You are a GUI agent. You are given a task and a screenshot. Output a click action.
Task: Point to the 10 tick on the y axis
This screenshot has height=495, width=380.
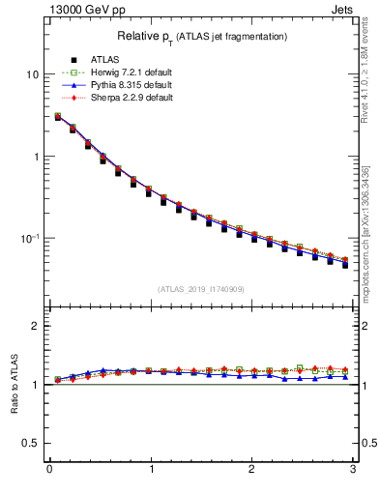point(34,74)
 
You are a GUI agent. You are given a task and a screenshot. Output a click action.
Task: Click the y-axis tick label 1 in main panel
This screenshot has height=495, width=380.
point(37,157)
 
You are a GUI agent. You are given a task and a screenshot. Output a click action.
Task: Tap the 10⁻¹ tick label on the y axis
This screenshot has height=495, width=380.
point(31,238)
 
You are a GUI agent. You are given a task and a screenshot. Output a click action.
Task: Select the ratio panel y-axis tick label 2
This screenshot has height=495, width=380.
point(37,326)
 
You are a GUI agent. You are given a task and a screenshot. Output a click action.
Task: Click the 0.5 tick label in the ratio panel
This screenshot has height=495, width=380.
point(32,443)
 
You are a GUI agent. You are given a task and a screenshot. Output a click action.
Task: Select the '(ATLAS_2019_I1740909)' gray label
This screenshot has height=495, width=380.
point(201,289)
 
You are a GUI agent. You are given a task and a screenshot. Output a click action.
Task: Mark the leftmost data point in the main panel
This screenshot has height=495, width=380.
point(57,117)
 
